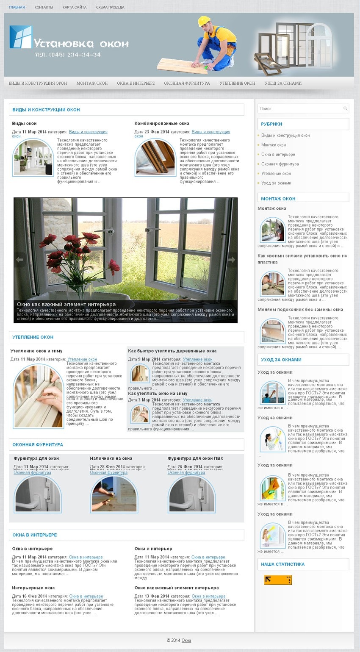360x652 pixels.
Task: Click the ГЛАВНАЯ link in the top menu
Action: coord(17,7)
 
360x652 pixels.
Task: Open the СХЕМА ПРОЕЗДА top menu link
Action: coord(110,7)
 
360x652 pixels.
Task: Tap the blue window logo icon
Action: coord(21,37)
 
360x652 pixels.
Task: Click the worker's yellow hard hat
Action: coord(204,21)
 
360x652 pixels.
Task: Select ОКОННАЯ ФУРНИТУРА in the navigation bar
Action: coord(187,83)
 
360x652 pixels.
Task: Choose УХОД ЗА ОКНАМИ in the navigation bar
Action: coord(283,83)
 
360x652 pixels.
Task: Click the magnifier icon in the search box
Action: coord(345,109)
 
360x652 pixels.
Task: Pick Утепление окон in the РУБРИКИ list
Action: coord(276,173)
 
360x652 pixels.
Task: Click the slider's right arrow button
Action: coord(231,260)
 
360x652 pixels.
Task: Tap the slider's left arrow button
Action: coord(19,260)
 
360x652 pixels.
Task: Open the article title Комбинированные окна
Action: coord(162,123)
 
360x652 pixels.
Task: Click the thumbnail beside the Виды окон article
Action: coord(33,158)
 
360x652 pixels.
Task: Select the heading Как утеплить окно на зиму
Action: coord(158,394)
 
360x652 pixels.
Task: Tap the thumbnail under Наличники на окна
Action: coord(114,495)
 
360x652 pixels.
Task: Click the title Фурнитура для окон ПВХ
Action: coord(195,458)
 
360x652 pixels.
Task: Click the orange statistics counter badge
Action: coord(278,580)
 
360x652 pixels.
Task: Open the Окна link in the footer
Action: coord(186,641)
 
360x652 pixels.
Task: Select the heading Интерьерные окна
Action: coord(33,588)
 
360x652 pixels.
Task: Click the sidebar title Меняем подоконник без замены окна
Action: coord(300,309)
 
